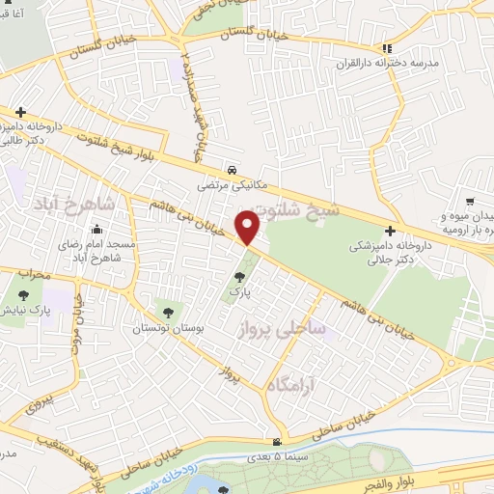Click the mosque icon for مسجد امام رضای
[96, 230]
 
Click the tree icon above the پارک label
[239, 278]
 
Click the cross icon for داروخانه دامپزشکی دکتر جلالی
[389, 232]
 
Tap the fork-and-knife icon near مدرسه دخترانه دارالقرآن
[387, 47]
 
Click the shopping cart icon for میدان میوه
[470, 202]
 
